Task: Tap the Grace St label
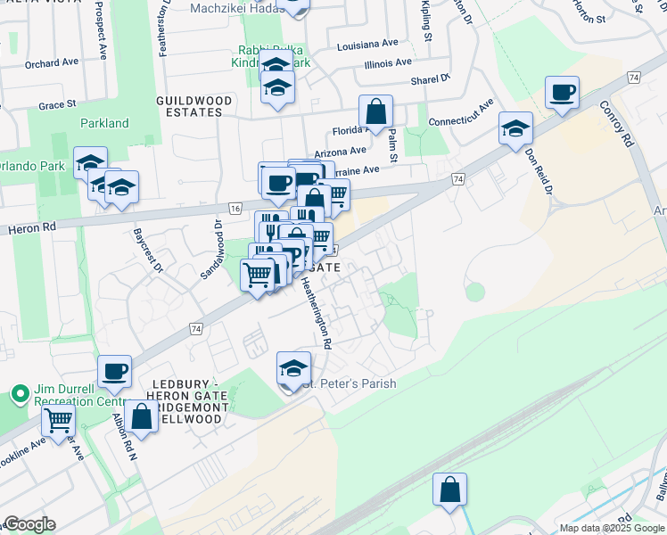56,105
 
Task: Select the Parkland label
104,124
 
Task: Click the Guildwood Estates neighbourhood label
189,107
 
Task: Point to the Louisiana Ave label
367,43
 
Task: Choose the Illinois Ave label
388,63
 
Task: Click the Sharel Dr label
431,80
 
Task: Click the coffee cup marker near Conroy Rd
563,94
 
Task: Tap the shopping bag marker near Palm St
376,113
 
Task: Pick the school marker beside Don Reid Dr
515,129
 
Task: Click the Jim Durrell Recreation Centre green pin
19,393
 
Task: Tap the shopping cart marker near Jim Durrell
58,420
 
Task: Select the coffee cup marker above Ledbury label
114,372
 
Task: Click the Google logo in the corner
29,524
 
